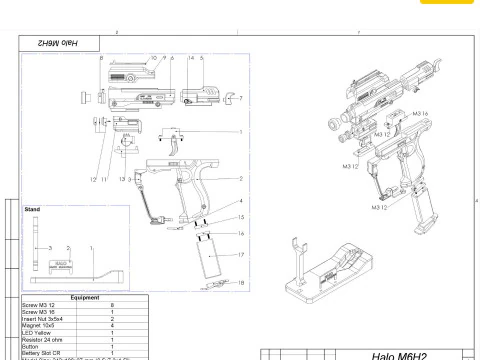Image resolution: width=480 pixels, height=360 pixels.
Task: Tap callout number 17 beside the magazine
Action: click(x=241, y=255)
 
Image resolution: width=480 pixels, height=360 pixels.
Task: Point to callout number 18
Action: click(x=241, y=284)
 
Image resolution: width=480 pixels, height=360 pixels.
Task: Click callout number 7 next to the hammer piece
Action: click(x=241, y=99)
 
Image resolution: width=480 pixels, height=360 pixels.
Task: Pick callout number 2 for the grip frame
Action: click(x=241, y=179)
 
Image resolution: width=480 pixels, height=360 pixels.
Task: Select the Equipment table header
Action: click(x=85, y=297)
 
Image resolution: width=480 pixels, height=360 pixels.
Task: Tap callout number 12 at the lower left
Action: click(x=91, y=178)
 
